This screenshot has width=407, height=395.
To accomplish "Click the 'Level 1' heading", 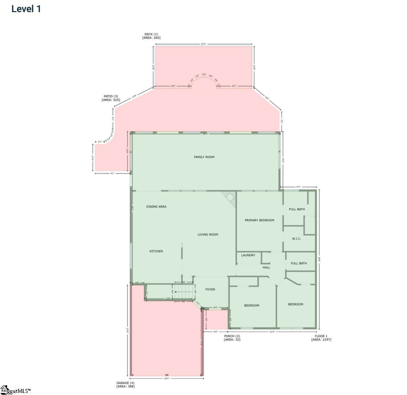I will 26,9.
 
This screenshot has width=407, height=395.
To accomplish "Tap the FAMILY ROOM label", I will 204,157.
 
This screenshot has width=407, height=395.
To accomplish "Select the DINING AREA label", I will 156,207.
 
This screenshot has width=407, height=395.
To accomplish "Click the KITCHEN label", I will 156,251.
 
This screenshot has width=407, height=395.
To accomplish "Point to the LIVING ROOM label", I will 208,235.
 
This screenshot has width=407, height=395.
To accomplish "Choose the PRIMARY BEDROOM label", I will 259,220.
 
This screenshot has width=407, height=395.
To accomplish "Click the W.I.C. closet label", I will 296,239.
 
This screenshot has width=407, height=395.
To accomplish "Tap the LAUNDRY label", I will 248,255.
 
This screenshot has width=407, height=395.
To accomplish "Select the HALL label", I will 266,267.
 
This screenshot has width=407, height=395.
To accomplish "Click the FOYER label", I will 210,289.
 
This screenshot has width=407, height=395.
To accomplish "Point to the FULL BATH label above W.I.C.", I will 297,209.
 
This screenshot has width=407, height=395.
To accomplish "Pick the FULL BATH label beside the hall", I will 299,263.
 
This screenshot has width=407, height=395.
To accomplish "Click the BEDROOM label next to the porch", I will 252,306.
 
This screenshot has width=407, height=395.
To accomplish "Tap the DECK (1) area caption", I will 151,36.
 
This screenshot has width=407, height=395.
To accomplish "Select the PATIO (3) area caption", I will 110,98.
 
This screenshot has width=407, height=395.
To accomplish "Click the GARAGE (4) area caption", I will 125,385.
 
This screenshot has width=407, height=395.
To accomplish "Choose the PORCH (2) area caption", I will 232,338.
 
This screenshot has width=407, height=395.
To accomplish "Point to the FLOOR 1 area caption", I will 321,338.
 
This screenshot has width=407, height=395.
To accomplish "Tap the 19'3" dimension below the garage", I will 167,379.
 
